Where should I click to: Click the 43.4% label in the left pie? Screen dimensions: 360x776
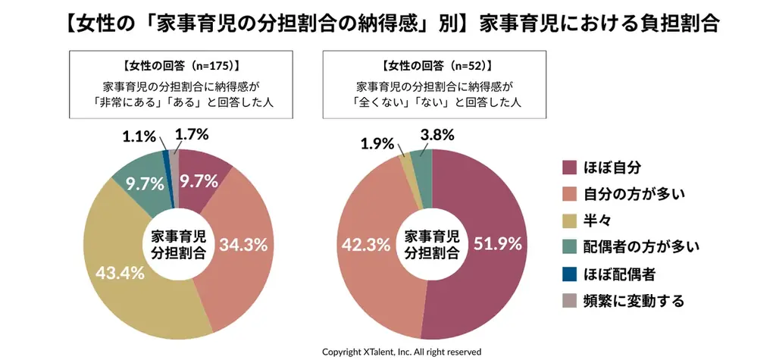(x=120, y=274)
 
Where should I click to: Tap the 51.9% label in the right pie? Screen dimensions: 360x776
(x=498, y=244)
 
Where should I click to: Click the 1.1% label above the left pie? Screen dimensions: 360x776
(x=139, y=137)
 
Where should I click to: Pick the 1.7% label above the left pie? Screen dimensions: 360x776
(x=192, y=135)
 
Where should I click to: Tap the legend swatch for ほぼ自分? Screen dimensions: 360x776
(x=568, y=167)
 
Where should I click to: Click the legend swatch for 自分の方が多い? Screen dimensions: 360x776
(x=568, y=193)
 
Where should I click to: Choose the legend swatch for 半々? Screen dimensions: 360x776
(x=568, y=220)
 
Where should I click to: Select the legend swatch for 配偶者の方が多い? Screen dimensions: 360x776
(x=568, y=246)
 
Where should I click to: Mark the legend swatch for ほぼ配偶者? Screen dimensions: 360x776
(x=568, y=273)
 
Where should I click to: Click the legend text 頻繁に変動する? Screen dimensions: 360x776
(x=634, y=300)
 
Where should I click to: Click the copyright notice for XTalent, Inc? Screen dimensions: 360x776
(x=402, y=352)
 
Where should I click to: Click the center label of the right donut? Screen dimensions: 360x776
(x=430, y=243)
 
